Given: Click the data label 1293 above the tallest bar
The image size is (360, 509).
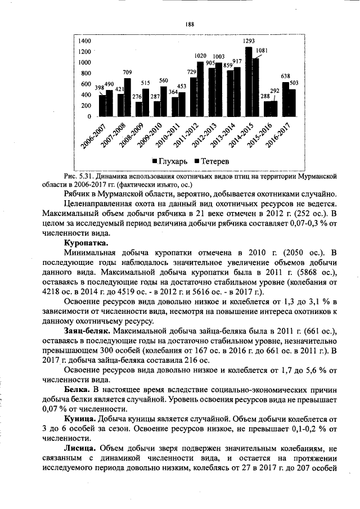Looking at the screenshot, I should tap(249, 41).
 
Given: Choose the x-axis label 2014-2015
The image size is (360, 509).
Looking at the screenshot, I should tap(247, 133).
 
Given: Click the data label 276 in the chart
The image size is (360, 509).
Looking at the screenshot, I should tap(136, 97).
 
